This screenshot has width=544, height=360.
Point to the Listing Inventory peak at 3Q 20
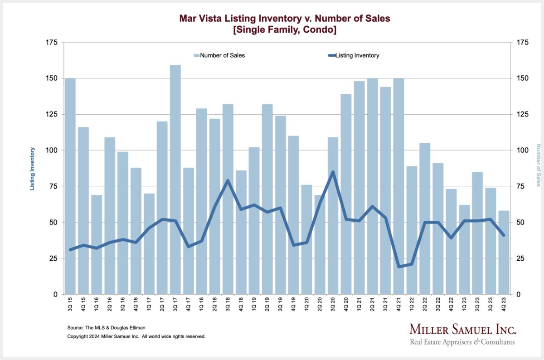(x=333, y=172)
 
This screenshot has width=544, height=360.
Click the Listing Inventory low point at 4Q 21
(x=399, y=267)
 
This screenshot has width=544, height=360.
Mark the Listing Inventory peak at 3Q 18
(x=228, y=180)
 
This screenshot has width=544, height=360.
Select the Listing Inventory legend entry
(x=356, y=55)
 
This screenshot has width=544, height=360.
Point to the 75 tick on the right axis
(x=522, y=186)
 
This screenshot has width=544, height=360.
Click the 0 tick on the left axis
(x=55, y=294)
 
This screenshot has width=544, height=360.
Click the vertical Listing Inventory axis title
(x=32, y=168)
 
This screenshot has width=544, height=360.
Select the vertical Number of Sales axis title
(x=539, y=165)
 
